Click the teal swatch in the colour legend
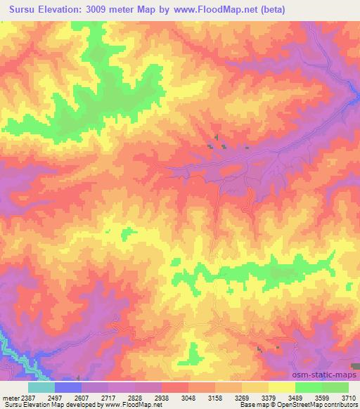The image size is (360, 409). (42, 387)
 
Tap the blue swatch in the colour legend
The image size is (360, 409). (69, 387)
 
